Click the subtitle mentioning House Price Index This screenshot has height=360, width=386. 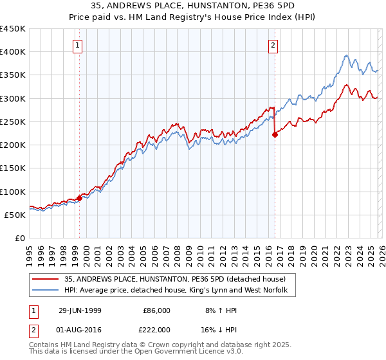coord(193,18)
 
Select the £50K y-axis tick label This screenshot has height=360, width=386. coord(15,215)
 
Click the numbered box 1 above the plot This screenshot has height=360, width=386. coord(78,45)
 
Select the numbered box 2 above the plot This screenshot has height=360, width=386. coord(273,45)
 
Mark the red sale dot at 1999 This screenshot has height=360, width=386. coord(80,198)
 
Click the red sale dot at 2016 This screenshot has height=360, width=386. coord(275,134)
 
